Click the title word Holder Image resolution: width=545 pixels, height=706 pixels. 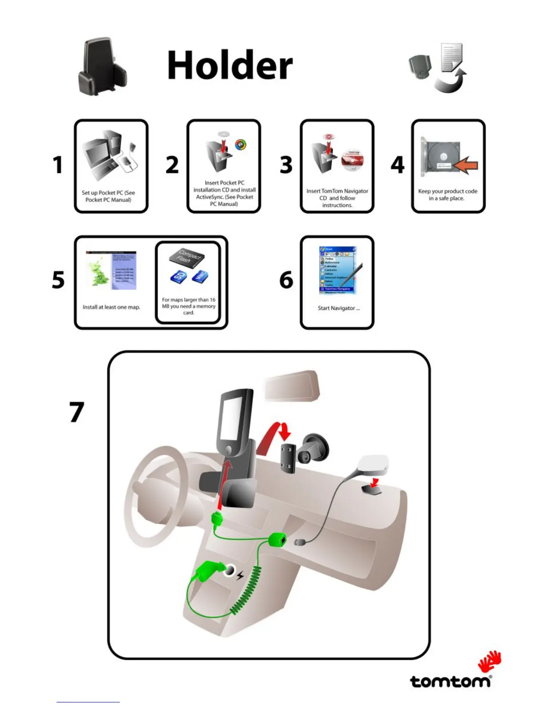[x=230, y=65]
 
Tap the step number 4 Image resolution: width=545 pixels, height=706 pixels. [x=398, y=165]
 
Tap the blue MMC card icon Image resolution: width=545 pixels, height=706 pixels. [x=199, y=276]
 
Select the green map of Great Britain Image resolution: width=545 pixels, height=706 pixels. [x=98, y=273]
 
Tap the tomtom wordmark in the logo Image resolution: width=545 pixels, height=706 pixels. [x=450, y=682]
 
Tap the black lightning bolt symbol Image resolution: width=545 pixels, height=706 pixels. [x=240, y=575]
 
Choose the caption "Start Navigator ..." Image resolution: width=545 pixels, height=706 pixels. [x=338, y=308]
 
